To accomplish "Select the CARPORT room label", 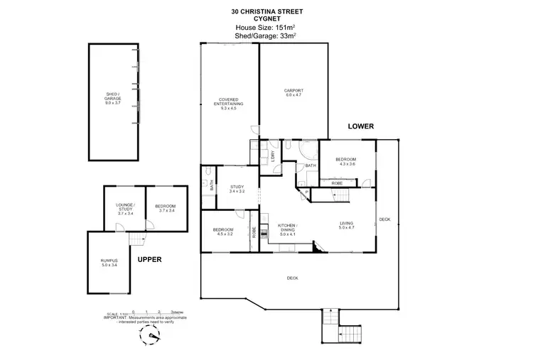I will [x=294, y=92].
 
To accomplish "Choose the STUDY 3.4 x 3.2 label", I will [x=236, y=190].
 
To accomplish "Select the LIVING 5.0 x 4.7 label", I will [x=345, y=227].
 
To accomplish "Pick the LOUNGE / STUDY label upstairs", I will [x=125, y=207].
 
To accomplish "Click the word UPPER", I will [x=150, y=260].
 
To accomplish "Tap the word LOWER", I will [x=360, y=126].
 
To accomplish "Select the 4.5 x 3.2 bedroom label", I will [x=223, y=231].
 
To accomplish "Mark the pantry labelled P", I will [x=306, y=192].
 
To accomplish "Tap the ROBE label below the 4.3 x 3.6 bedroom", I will [x=338, y=184].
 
